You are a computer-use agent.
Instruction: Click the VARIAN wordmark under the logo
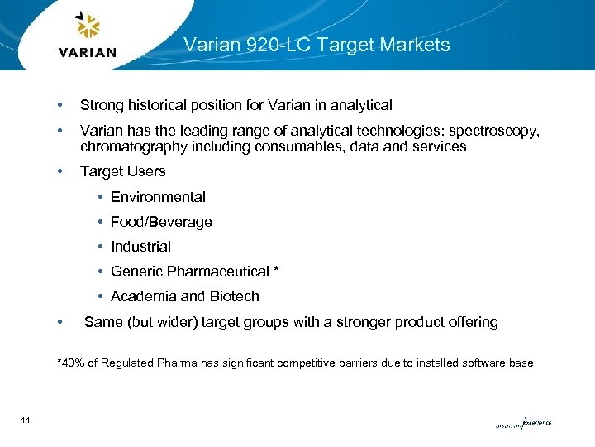click(x=88, y=53)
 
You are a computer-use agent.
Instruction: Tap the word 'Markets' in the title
click(x=419, y=45)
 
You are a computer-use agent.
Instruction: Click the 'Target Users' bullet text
click(x=122, y=171)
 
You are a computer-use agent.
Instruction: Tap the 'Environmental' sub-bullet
click(x=158, y=197)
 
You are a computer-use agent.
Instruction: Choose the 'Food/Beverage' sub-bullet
click(x=161, y=222)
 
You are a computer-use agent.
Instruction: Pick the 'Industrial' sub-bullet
click(x=140, y=247)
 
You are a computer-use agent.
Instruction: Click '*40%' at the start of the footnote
click(x=70, y=363)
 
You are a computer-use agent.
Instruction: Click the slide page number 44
click(x=25, y=421)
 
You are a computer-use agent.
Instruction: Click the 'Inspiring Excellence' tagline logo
click(x=522, y=424)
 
